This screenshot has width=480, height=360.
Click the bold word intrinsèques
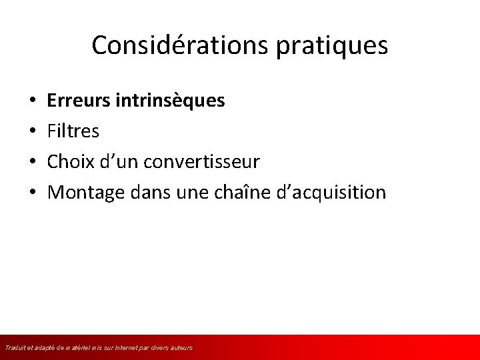click(170, 101)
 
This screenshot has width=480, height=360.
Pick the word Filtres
click(73, 131)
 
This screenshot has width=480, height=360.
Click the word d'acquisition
click(337, 193)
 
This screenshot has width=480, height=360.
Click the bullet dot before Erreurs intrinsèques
click(33, 101)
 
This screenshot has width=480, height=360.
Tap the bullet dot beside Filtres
click(33, 132)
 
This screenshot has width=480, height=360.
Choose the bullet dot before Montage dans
click(33, 193)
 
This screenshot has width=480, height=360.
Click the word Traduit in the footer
click(14, 348)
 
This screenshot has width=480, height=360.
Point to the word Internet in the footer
click(133, 348)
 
